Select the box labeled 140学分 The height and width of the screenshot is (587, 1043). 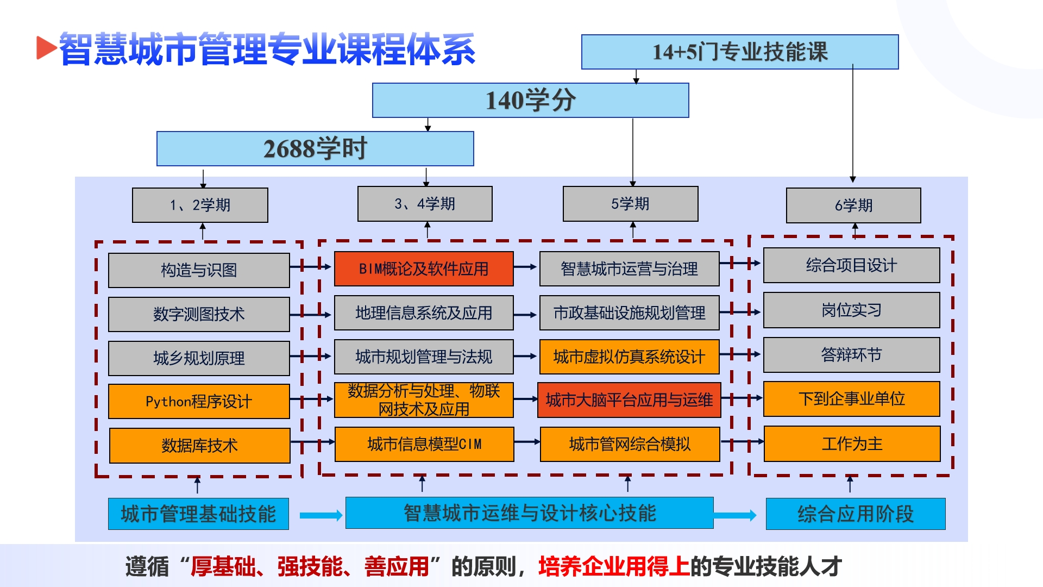coord(530,101)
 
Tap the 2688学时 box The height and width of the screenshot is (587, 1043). coord(315,148)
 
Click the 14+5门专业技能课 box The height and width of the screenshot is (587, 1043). coord(739,52)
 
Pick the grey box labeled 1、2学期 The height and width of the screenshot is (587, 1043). coord(200,205)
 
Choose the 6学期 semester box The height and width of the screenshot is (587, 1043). coord(853,205)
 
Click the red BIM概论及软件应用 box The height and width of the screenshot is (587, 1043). coord(424,268)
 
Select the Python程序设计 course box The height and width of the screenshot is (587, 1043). coord(199,401)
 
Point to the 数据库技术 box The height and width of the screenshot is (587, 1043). coord(199,445)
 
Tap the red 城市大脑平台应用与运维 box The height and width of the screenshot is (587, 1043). coord(629,400)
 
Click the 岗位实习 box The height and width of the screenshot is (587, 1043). coord(851,310)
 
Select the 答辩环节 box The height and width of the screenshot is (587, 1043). coord(851,354)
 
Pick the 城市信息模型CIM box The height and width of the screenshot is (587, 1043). coord(424,444)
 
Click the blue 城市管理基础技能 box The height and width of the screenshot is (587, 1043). coord(198,514)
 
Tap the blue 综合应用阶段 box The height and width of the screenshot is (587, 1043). coord(855,514)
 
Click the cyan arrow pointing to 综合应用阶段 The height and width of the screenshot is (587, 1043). coord(734,515)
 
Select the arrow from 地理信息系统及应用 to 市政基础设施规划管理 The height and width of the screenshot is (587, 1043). coord(525,314)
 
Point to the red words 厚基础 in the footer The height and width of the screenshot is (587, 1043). coord(223,566)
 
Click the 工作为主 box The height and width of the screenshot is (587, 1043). coord(852,444)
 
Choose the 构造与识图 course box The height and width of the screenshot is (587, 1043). coord(199,270)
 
